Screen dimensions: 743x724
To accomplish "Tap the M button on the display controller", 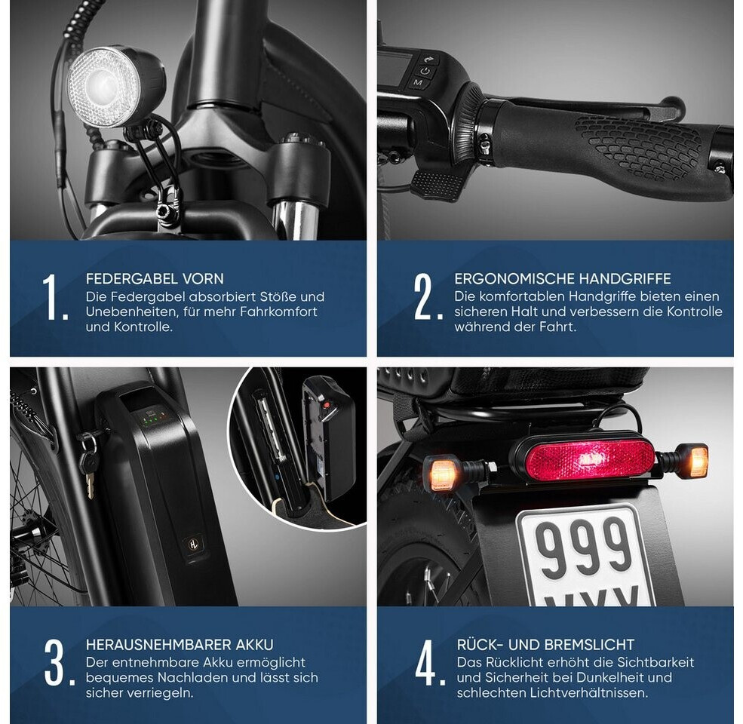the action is click(419, 83).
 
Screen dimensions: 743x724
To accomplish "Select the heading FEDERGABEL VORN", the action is click(155, 278).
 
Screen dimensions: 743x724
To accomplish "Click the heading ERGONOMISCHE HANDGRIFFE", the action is click(563, 278).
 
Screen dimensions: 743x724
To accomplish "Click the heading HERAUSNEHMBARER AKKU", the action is click(180, 644).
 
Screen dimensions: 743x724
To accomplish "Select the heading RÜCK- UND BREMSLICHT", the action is click(545, 644).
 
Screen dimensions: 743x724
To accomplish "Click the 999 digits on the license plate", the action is click(585, 548).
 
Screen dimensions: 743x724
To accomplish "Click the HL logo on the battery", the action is click(194, 544).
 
